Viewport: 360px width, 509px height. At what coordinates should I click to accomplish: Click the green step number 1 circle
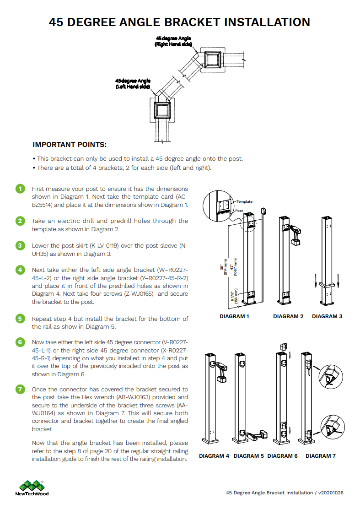20,189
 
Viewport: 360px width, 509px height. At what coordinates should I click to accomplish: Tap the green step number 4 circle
20,270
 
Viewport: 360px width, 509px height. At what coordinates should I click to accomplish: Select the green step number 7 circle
20,390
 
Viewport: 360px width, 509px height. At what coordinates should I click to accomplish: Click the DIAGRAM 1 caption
234,316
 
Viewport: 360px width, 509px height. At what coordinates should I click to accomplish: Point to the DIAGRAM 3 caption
327,316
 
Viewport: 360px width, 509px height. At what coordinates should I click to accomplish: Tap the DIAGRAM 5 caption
249,456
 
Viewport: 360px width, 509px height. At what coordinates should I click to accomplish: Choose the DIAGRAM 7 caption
321,456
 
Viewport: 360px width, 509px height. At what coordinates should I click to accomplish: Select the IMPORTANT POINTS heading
70,145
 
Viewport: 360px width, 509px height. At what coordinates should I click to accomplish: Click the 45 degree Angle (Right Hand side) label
173,42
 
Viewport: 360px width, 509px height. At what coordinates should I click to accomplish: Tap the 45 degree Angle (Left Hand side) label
133,83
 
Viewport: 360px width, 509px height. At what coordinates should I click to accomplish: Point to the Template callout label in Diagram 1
244,201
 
